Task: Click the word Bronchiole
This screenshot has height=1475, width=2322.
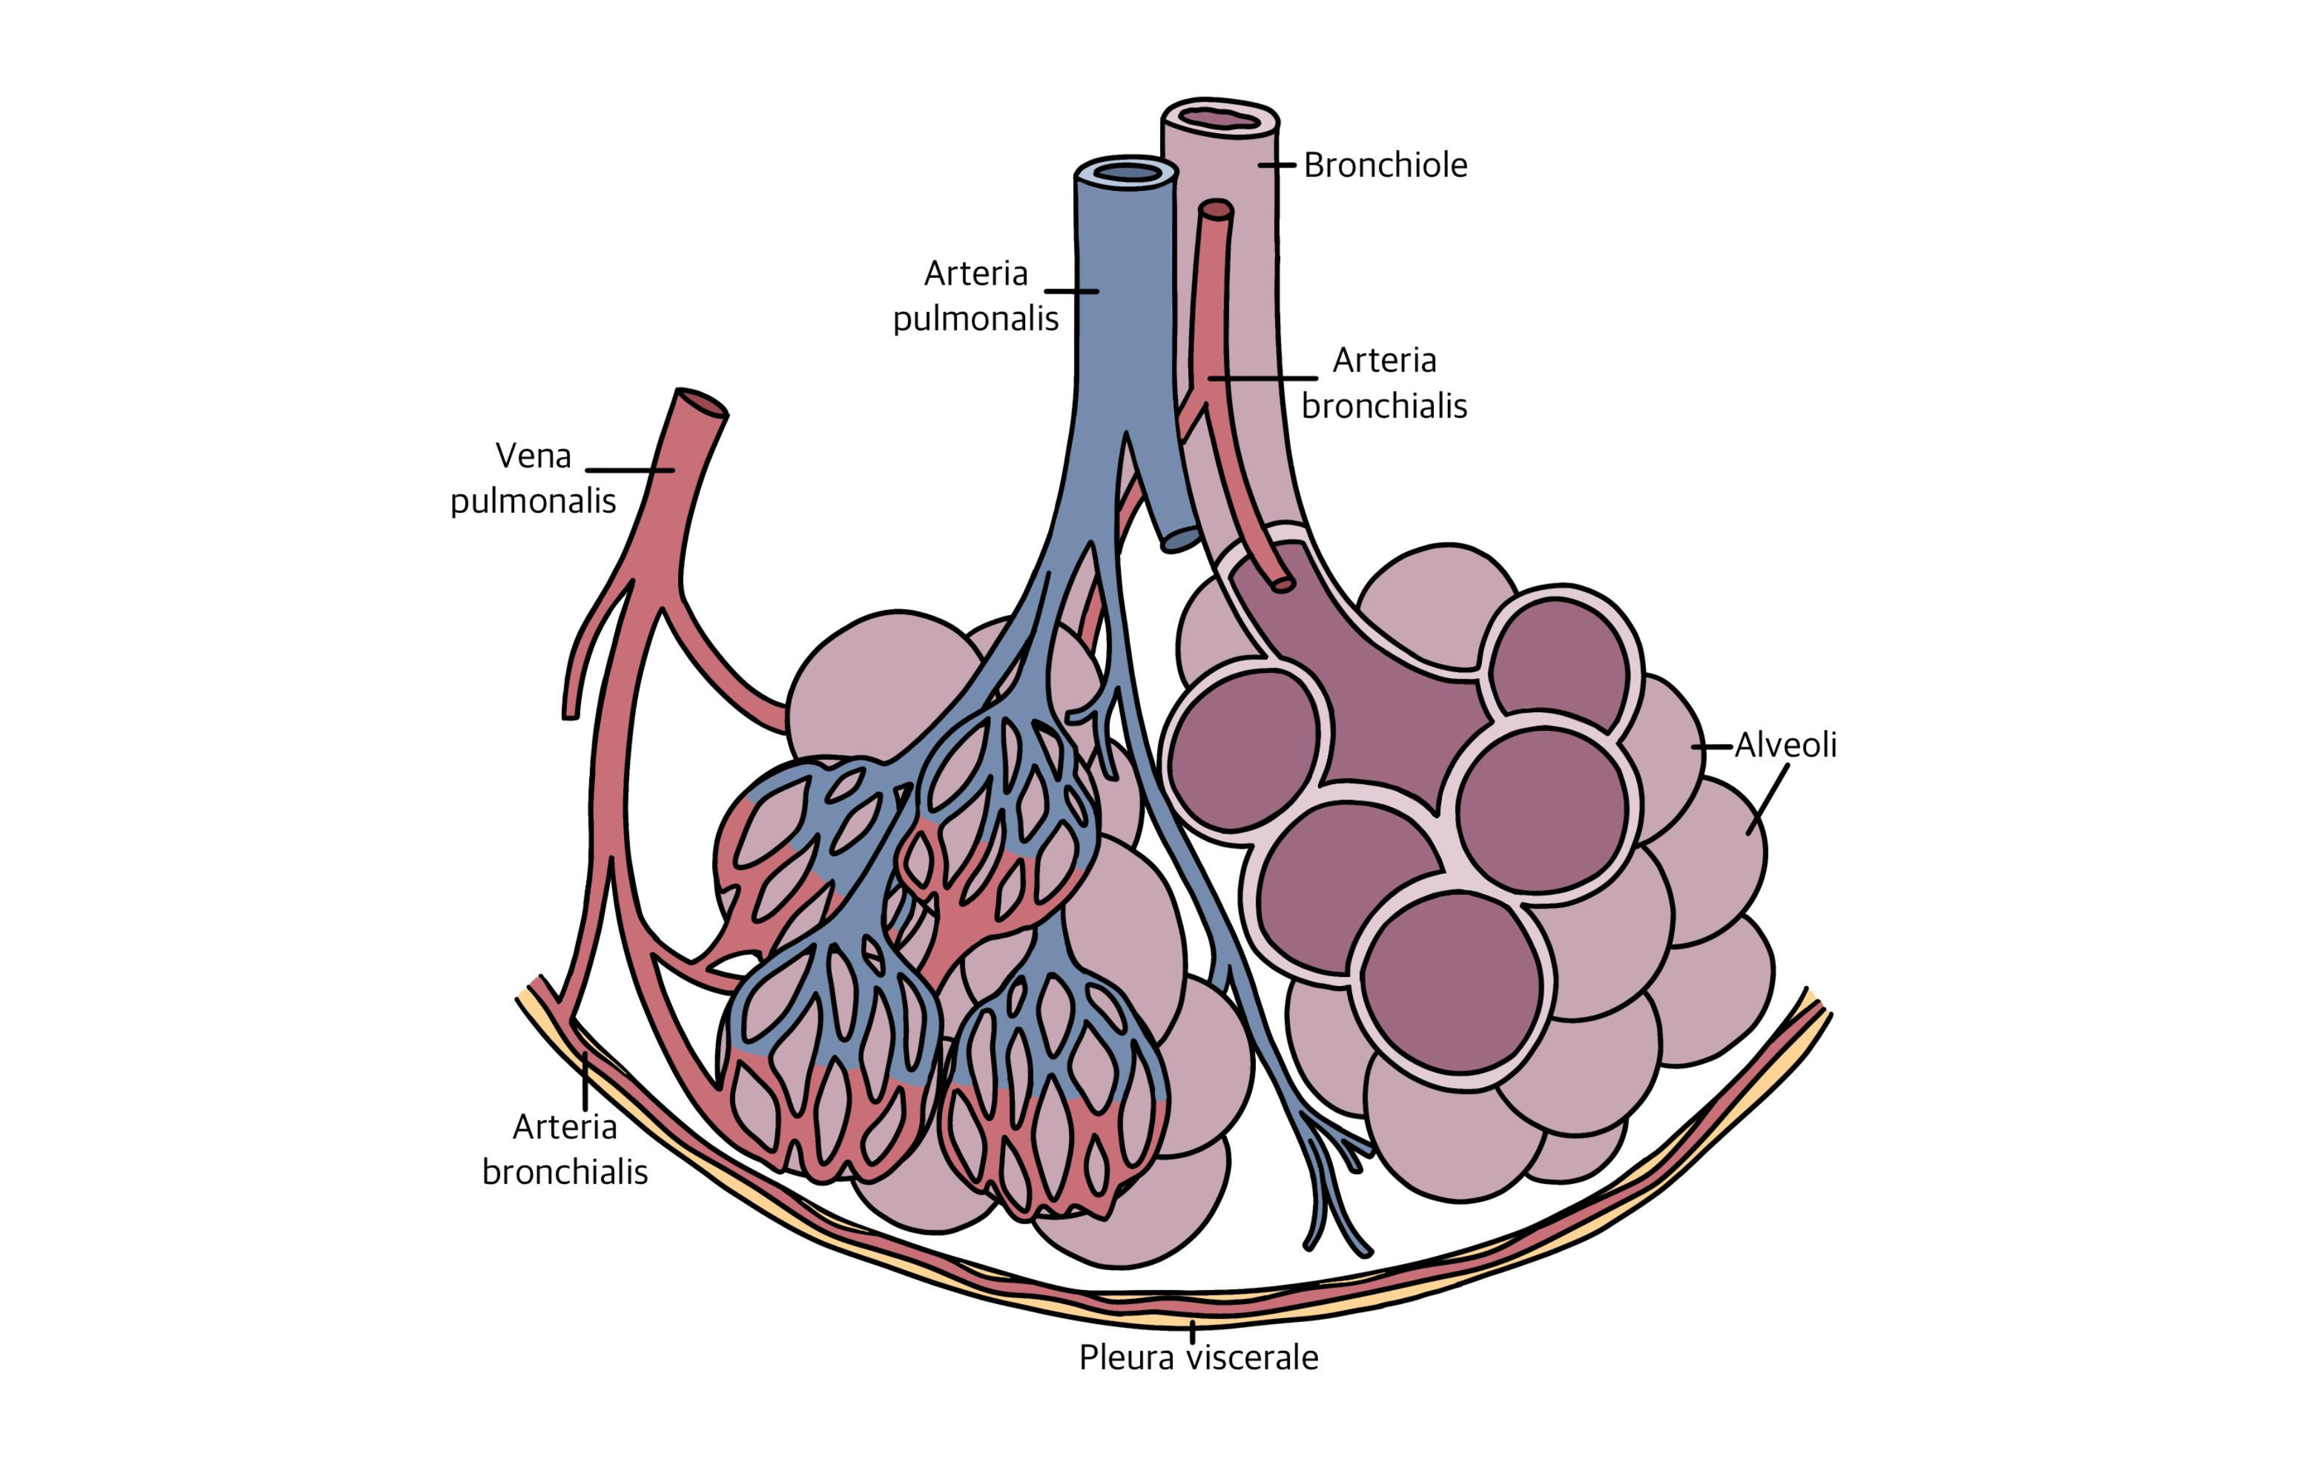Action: coord(1385,166)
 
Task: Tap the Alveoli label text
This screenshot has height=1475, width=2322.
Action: coord(1785,746)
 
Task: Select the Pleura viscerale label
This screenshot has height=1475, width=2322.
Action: coord(1198,1357)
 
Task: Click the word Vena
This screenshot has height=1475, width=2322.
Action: coord(533,456)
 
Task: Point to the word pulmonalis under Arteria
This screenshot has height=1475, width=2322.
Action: coord(975,318)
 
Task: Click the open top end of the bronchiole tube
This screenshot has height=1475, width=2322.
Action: coord(1220,118)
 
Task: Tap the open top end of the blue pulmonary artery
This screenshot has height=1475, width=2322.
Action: coord(1126,174)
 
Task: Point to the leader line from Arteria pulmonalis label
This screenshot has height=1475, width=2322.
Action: coord(1071,291)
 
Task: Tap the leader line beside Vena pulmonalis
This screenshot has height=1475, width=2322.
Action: coord(629,470)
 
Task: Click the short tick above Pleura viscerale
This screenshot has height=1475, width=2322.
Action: coord(1193,1332)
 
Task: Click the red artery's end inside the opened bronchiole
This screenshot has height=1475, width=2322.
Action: coord(1282,584)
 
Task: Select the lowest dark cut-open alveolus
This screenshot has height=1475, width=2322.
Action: coord(1451,981)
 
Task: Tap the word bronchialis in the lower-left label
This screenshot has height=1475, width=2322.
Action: coord(564,1172)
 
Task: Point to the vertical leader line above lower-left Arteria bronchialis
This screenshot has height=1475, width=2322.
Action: coord(584,1082)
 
